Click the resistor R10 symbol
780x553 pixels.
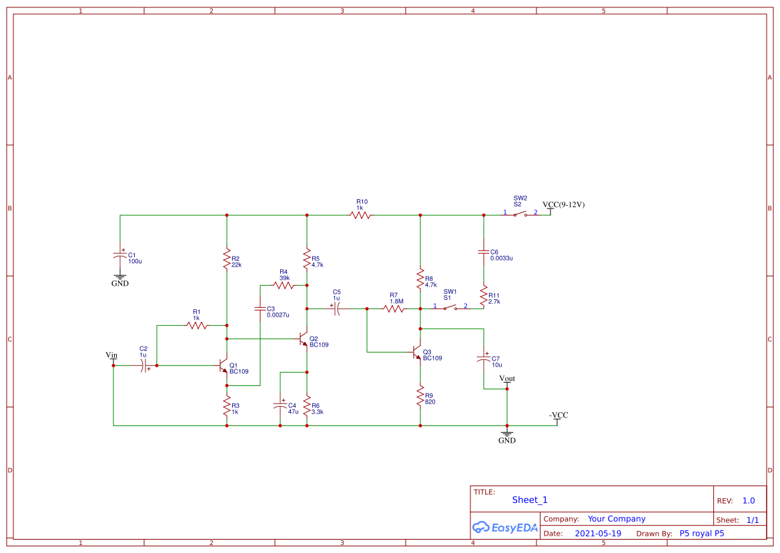tap(360, 215)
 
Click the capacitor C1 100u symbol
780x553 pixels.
tap(120, 255)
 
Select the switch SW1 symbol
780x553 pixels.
tap(450, 308)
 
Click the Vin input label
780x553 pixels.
tap(112, 355)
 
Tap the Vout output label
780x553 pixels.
tap(507, 379)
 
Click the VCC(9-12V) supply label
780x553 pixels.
tap(563, 204)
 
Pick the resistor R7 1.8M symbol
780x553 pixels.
tap(394, 309)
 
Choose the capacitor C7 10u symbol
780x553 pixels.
tap(484, 359)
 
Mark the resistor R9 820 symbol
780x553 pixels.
tap(420, 395)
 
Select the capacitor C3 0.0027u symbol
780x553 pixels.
tap(260, 309)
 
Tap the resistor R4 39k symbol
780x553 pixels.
tap(284, 285)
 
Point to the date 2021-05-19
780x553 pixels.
tap(597, 534)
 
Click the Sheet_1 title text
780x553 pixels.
tap(530, 500)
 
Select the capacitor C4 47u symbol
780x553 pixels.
tap(280, 405)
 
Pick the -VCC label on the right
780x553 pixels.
tap(558, 415)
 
